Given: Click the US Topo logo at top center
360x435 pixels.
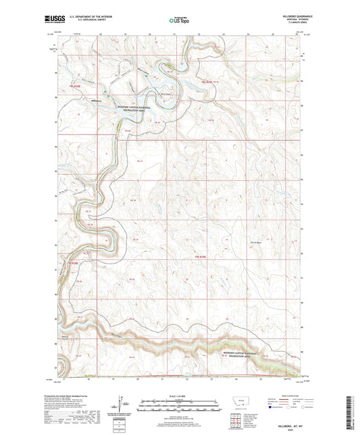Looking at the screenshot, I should [179, 22].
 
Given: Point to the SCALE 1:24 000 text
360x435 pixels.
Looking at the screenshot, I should [179, 397].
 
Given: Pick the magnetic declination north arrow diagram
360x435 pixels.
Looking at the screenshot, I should [123, 408].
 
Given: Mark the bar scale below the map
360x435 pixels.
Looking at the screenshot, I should [179, 407].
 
